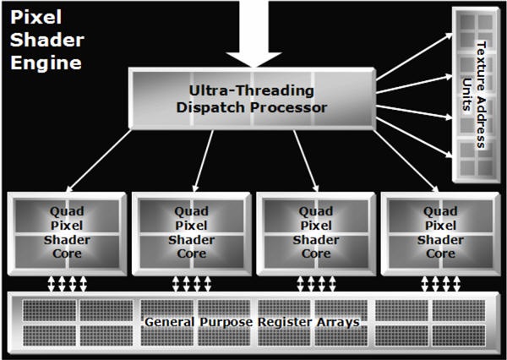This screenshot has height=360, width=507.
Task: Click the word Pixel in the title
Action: pyautogui.click(x=35, y=17)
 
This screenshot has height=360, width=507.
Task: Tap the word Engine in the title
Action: pyautogui.click(x=46, y=63)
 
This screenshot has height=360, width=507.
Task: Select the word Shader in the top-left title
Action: pyautogui.click(x=47, y=40)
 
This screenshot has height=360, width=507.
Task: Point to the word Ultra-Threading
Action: pyautogui.click(x=252, y=91)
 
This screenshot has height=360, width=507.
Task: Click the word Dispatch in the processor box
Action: pyautogui.click(x=211, y=107)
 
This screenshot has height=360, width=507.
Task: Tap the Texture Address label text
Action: pyautogui.click(x=481, y=95)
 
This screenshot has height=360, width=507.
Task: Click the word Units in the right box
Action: pyautogui.click(x=466, y=95)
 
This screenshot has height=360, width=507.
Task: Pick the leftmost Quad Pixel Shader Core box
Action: pyautogui.click(x=67, y=234)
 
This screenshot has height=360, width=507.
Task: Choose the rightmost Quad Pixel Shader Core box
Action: pyautogui.click(x=440, y=234)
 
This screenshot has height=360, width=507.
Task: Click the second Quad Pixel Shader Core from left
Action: pyautogui.click(x=192, y=234)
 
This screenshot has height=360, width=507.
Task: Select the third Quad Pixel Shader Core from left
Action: pyautogui.click(x=316, y=234)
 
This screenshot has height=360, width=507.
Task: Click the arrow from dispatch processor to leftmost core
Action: pyautogui.click(x=99, y=161)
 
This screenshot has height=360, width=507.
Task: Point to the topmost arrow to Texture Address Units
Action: pyautogui.click(x=414, y=57)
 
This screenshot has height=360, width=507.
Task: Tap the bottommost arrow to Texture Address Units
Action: pyautogui.click(x=414, y=138)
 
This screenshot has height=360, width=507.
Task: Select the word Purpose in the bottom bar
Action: pyautogui.click(x=226, y=322)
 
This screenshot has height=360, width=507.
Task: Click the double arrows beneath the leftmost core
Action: pyautogui.click(x=68, y=284)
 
